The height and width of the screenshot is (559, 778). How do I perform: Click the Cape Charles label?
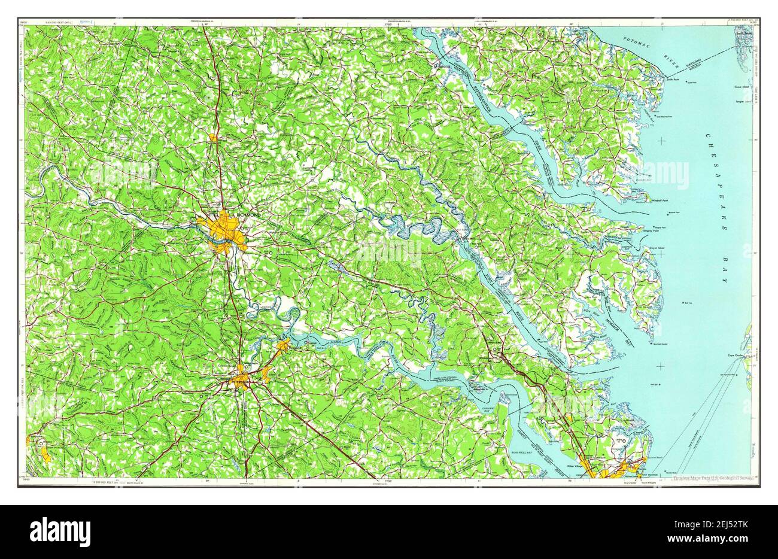coord(735,356)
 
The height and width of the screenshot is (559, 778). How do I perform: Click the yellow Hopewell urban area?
coord(284,345)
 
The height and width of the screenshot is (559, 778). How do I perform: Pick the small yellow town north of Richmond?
coord(214,138)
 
